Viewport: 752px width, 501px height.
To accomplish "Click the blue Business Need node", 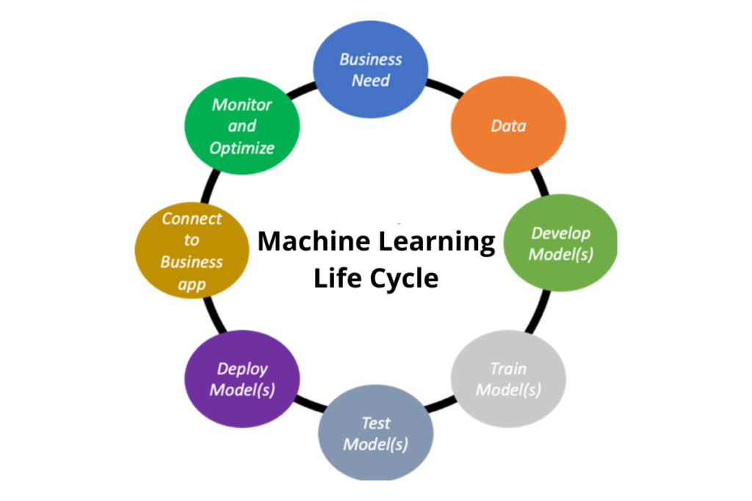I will (x=370, y=70).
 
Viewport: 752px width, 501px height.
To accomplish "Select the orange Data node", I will (x=508, y=126).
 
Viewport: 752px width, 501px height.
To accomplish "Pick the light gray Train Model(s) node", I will (x=508, y=379).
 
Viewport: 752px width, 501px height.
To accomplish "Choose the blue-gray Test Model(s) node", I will (x=376, y=434).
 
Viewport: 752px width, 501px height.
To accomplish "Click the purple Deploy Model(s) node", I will (x=242, y=379).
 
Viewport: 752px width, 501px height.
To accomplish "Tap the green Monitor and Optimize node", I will (x=242, y=126).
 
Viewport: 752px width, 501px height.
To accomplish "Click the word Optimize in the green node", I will (x=242, y=148).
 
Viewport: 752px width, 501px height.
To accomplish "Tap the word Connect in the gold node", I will (x=192, y=219).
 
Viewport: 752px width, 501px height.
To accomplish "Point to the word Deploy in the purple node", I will (x=242, y=368).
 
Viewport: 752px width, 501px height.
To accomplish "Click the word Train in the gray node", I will (x=508, y=368).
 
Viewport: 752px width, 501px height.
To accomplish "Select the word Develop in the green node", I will (x=561, y=233).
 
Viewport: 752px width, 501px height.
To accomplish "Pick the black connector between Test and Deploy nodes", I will (x=307, y=406).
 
